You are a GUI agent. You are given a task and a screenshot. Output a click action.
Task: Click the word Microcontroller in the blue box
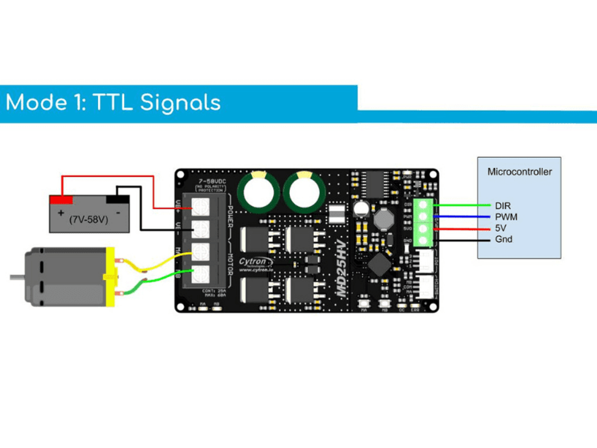[x=519, y=172]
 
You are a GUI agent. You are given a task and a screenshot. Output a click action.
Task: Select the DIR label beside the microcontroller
[x=502, y=206]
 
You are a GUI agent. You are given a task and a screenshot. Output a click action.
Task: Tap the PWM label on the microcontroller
[x=506, y=217]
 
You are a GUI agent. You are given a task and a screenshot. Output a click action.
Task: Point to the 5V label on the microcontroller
[x=500, y=228]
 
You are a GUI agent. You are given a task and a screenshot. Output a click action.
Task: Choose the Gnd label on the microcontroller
[x=503, y=239]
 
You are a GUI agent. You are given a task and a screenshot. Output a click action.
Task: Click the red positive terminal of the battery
[x=61, y=199]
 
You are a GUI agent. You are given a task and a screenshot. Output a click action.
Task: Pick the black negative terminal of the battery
[x=118, y=199]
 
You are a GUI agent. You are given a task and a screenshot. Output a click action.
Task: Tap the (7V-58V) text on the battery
[x=89, y=220]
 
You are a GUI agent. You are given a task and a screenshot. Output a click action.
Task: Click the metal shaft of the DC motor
[x=17, y=277]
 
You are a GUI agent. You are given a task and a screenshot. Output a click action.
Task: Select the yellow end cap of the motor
[x=110, y=277]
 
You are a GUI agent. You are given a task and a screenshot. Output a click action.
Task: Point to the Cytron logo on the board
[x=253, y=262]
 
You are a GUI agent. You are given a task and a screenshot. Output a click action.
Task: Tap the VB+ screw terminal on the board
[x=200, y=207]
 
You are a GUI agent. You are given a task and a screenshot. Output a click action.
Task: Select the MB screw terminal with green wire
[x=200, y=275]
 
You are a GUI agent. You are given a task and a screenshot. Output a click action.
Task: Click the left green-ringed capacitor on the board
[x=259, y=192]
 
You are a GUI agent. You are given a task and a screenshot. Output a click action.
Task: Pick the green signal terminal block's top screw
[x=422, y=205]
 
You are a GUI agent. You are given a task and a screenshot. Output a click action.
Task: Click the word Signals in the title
[x=180, y=102]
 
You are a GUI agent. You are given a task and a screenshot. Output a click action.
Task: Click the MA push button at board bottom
[x=364, y=303]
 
